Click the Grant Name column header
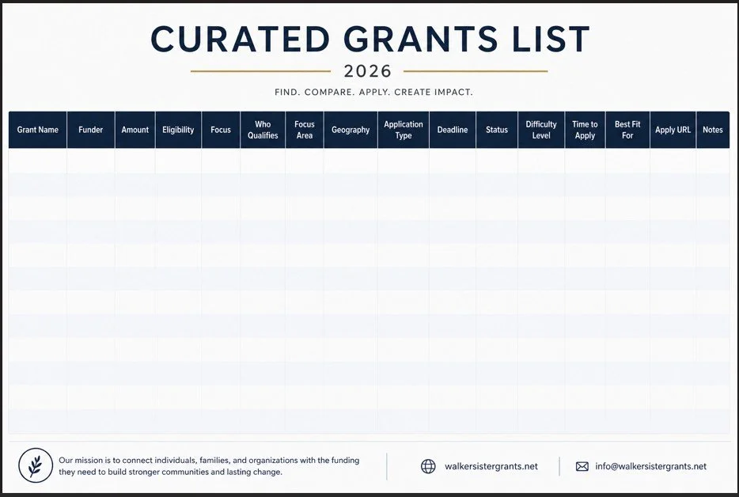(x=38, y=130)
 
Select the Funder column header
(x=91, y=130)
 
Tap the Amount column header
(x=135, y=130)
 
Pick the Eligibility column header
(x=178, y=130)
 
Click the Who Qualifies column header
(x=263, y=130)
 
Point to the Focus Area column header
(x=305, y=130)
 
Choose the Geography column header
(x=351, y=130)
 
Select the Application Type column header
(x=404, y=130)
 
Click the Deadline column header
(x=453, y=130)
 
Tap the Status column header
(x=497, y=130)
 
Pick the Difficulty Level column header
(x=541, y=130)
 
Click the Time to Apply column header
(x=585, y=130)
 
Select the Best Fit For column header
(x=627, y=130)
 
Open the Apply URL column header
(x=673, y=130)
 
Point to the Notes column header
(x=713, y=130)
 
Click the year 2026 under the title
(x=369, y=71)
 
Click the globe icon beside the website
(x=428, y=466)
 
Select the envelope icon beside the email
(x=582, y=467)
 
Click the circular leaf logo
(x=36, y=465)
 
